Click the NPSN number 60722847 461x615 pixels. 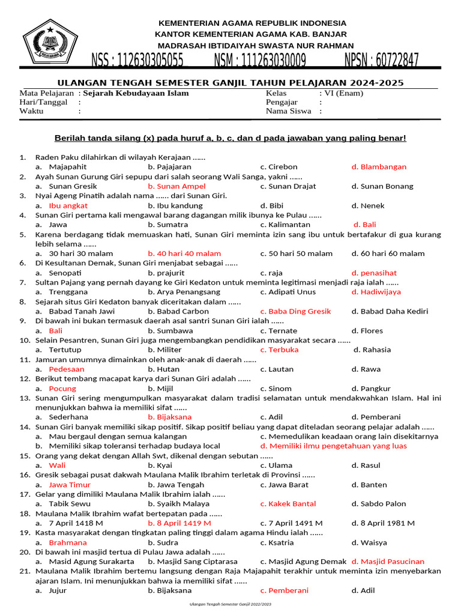(x=382, y=61)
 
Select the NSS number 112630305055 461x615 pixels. (x=137, y=61)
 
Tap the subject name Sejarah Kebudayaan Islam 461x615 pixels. (x=136, y=93)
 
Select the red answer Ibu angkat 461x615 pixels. (x=68, y=205)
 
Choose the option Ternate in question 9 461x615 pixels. (x=283, y=330)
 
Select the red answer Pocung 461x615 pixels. (x=62, y=389)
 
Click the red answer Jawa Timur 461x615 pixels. (x=70, y=485)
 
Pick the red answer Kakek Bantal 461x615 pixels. (x=292, y=504)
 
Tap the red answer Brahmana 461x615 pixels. (x=68, y=542)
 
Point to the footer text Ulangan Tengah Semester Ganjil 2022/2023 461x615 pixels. (x=230, y=604)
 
